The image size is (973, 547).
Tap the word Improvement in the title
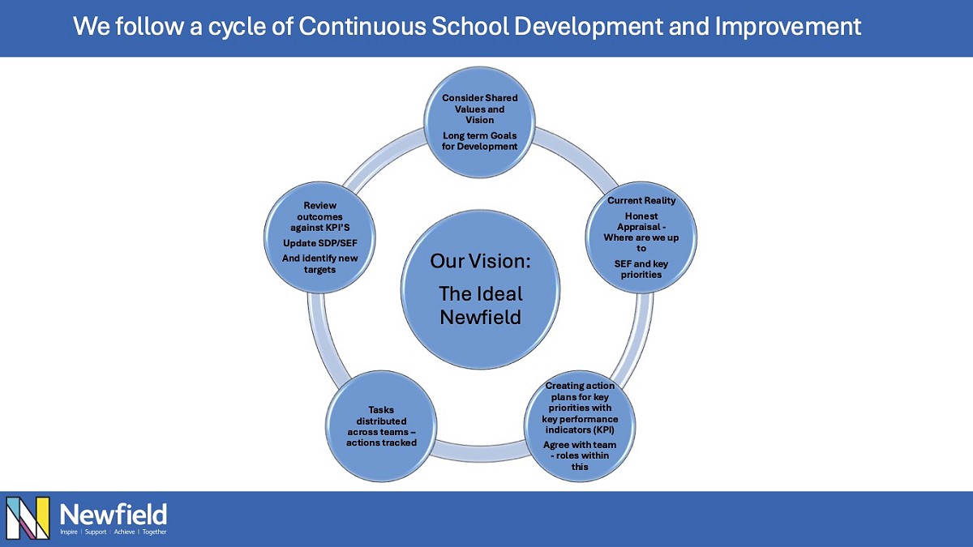click(788, 27)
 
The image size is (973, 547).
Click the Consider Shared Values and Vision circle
click(480, 122)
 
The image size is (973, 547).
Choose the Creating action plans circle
click(580, 426)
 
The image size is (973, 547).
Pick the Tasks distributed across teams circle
click(381, 426)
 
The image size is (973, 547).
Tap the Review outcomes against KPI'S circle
click(319, 237)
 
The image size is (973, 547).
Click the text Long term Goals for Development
click(480, 141)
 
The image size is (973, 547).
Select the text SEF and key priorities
click(642, 269)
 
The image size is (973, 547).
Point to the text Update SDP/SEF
click(319, 243)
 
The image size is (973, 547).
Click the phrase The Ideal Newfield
click(480, 305)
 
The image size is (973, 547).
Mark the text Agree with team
click(580, 445)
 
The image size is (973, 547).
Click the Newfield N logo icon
click(28, 518)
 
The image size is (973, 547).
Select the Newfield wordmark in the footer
click(114, 513)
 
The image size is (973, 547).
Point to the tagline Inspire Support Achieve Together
click(114, 532)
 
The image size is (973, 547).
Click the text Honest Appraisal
click(642, 222)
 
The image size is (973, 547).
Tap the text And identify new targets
click(319, 263)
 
